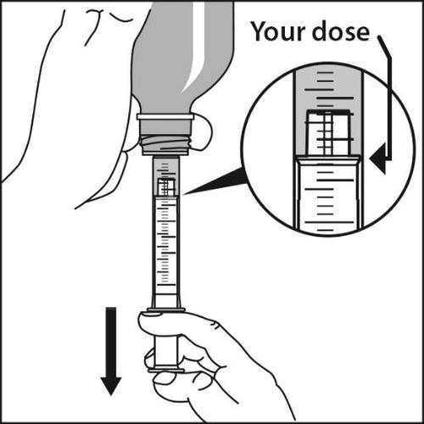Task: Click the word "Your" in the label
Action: [x=279, y=31]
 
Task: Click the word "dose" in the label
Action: [x=341, y=31]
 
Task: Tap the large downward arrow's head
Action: [x=111, y=386]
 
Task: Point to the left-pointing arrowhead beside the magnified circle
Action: [x=378, y=159]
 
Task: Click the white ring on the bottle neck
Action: [x=165, y=116]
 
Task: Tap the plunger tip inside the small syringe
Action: [x=166, y=187]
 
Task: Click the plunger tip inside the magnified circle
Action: [x=327, y=133]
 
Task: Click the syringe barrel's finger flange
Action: [x=165, y=310]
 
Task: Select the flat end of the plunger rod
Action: [x=166, y=371]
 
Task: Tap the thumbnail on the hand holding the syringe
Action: [x=151, y=313]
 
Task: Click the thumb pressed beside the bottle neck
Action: [x=203, y=131]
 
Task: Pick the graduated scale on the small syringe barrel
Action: [x=165, y=243]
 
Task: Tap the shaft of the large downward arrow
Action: [x=111, y=343]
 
